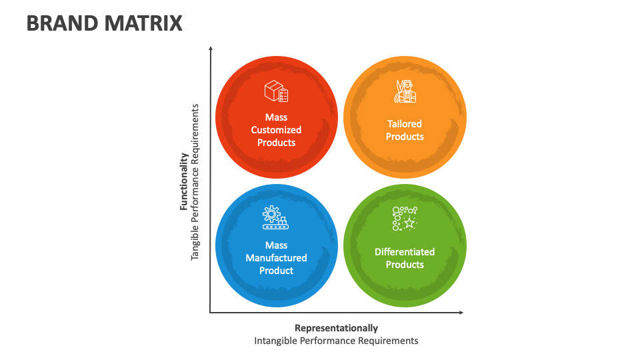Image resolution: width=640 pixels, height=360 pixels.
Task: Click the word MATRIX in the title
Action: coord(144,23)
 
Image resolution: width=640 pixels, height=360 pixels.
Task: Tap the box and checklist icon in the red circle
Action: coord(276,91)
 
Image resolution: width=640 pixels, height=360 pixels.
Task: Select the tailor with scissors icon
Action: coord(405,91)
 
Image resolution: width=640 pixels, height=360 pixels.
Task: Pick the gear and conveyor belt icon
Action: coord(275,217)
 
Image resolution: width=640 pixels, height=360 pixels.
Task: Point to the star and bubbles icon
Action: coord(405,219)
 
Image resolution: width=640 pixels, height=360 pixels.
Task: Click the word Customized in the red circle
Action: coord(276,130)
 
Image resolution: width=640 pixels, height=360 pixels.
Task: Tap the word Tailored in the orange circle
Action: coord(405,124)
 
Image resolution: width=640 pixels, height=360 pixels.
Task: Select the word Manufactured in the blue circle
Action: coord(276,258)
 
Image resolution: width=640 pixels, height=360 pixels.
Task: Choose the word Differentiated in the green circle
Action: coord(405,252)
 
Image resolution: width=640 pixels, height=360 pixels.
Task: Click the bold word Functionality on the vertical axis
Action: coord(184,181)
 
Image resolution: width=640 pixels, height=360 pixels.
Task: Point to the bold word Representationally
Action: coord(336,328)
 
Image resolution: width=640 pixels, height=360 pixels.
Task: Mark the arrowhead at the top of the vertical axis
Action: coord(211,49)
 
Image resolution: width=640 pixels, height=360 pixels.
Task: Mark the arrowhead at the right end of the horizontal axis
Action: coord(461,313)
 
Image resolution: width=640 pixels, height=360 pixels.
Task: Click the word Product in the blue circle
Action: coord(276,271)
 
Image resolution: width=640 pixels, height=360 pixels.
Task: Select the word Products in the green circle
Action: coord(405,265)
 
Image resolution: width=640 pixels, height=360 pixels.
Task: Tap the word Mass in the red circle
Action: coord(276,117)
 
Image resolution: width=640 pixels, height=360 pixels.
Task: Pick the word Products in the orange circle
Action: coord(405,137)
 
